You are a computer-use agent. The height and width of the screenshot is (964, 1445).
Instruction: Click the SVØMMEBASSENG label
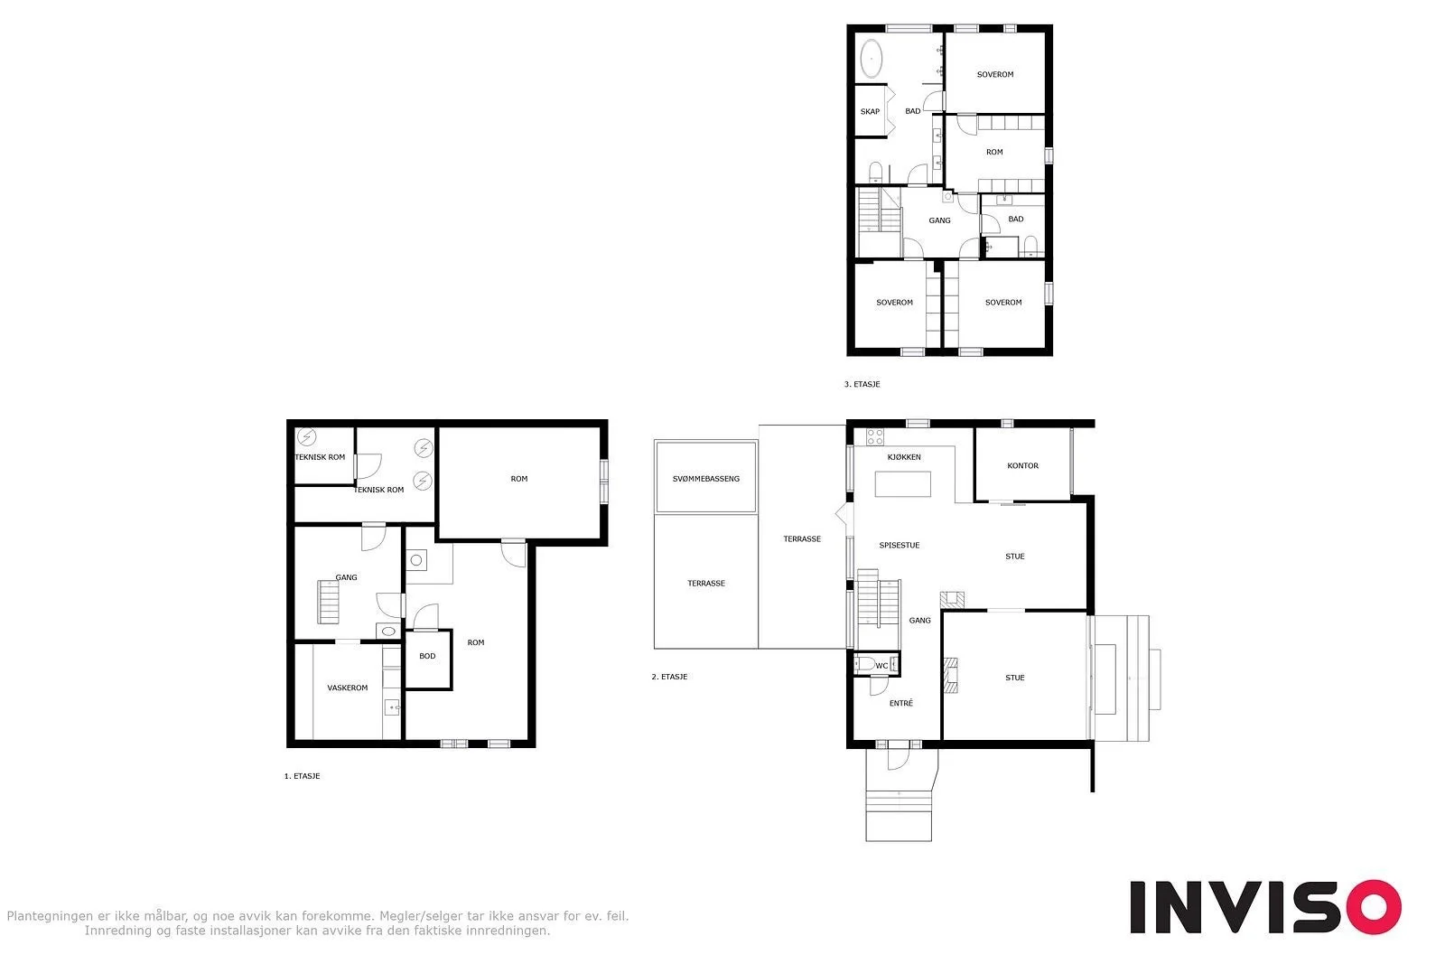705,479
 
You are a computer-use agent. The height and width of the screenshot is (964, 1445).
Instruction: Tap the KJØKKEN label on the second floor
904,457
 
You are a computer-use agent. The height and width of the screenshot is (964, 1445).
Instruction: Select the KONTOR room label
1022,465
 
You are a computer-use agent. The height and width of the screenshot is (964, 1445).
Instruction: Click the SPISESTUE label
900,545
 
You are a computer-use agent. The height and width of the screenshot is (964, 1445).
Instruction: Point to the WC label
881,665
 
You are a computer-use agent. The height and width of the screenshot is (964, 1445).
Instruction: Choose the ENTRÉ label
901,703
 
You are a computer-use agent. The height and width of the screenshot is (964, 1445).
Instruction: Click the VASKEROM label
347,688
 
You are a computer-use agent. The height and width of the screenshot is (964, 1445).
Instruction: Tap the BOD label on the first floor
427,656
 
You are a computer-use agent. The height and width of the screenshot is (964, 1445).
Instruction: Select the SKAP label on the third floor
870,112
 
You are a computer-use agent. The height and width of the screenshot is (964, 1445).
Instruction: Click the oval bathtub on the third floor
871,59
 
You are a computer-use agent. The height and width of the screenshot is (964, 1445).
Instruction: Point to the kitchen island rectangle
902,484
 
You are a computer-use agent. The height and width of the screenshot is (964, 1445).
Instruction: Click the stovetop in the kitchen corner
875,437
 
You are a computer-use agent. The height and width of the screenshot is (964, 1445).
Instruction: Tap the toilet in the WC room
865,664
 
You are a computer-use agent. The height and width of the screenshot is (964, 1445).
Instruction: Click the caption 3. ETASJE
862,384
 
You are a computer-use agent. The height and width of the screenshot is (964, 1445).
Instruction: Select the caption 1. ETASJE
302,776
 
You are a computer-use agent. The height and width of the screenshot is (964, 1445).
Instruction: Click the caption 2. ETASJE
669,677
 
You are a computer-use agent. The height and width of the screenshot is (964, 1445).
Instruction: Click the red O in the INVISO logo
1374,906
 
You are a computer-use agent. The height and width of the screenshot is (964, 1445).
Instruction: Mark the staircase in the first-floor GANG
329,602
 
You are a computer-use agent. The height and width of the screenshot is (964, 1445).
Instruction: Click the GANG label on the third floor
939,220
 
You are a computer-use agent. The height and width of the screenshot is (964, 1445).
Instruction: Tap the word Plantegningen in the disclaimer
49,916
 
